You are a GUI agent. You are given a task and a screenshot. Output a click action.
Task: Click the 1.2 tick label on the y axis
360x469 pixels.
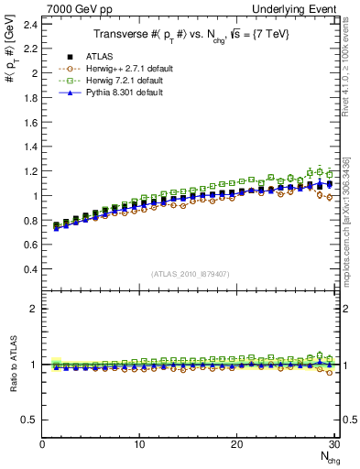(32, 171)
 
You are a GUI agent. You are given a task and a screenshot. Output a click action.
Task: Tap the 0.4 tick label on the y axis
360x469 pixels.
(32, 269)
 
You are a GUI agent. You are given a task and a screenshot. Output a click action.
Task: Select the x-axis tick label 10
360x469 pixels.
(139, 444)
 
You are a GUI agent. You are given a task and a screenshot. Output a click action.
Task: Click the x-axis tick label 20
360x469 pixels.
(236, 444)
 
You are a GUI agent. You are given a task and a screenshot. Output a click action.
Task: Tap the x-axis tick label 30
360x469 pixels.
(333, 444)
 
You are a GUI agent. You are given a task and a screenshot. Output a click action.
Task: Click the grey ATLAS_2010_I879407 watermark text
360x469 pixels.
(191, 274)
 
